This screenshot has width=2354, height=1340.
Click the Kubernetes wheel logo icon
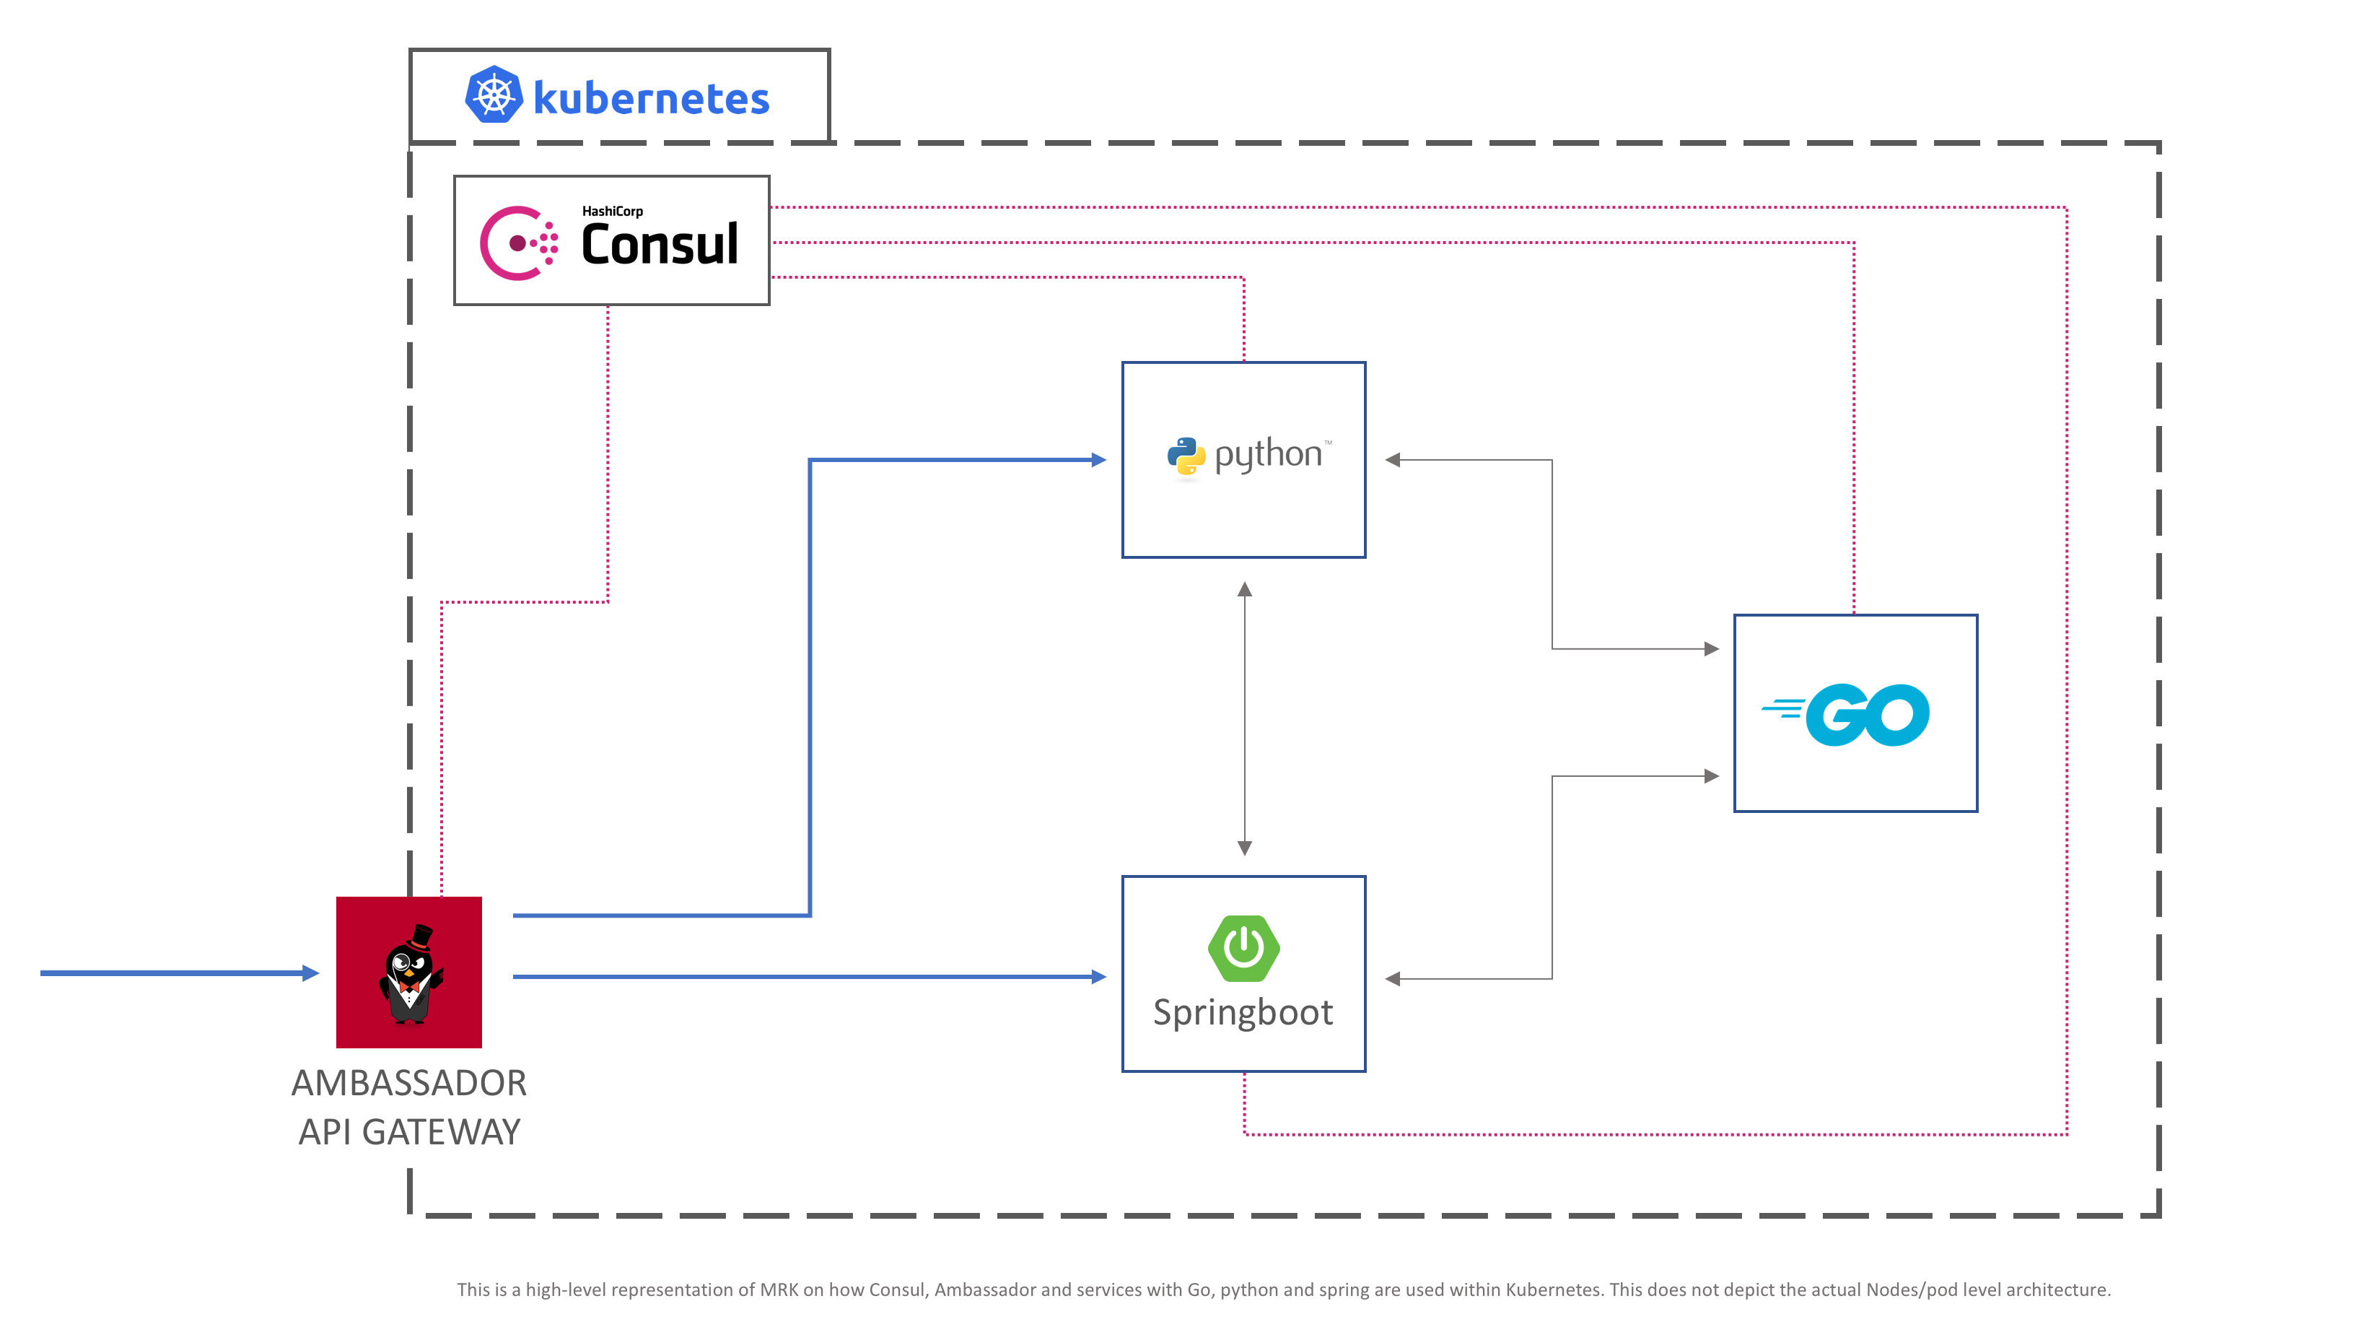click(494, 95)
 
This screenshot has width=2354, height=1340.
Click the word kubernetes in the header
click(651, 98)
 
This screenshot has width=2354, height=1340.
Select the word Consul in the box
click(660, 244)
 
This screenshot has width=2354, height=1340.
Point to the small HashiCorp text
click(613, 211)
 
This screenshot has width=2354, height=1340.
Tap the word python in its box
click(1269, 455)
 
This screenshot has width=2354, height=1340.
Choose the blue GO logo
click(1845, 714)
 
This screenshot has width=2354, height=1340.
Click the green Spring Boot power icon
click(1243, 948)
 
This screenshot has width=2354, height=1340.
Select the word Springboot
click(1243, 1013)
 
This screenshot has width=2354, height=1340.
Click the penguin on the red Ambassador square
click(411, 975)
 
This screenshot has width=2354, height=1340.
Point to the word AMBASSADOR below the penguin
click(408, 1083)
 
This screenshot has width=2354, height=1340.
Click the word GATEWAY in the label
click(442, 1132)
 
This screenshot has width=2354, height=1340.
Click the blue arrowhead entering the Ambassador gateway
click(311, 973)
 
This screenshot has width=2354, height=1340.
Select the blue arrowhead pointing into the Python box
click(1098, 459)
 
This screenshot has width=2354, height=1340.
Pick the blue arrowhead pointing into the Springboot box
click(1098, 976)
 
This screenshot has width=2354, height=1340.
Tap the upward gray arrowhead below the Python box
click(1245, 589)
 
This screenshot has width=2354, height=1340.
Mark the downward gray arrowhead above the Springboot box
click(1245, 848)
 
